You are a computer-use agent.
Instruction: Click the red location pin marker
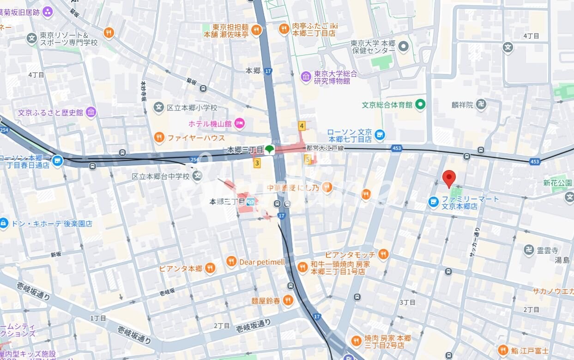click(x=449, y=178)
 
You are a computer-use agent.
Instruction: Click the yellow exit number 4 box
click(x=302, y=126)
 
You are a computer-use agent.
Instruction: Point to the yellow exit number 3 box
click(x=257, y=163)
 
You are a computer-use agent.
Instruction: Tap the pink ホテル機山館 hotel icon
click(x=239, y=123)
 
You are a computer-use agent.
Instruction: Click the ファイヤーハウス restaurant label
click(x=196, y=138)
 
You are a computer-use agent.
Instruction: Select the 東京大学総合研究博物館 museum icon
click(x=306, y=77)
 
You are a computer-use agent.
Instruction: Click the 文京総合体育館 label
click(x=387, y=105)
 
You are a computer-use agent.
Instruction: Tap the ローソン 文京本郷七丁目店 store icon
click(x=380, y=135)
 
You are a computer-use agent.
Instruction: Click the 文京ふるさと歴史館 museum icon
click(x=91, y=112)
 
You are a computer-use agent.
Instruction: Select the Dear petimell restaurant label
click(x=262, y=262)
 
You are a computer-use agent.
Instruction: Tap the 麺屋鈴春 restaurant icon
click(x=288, y=301)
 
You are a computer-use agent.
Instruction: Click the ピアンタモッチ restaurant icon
click(x=383, y=255)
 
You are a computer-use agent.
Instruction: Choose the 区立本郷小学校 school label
click(x=192, y=108)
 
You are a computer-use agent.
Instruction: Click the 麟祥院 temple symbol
click(x=481, y=104)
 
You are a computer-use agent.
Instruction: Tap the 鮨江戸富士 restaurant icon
click(x=503, y=350)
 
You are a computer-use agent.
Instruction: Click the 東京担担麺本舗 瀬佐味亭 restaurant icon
click(x=256, y=31)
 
